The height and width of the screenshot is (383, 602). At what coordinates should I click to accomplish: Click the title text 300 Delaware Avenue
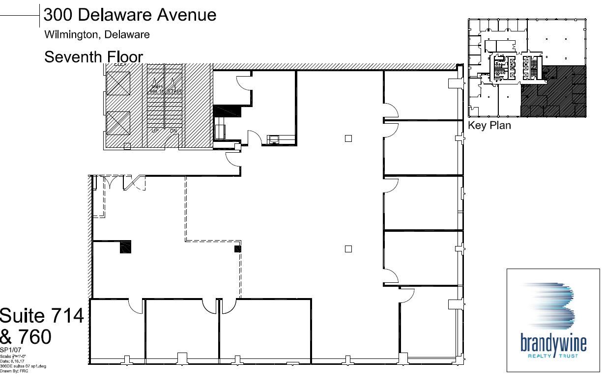click(130, 15)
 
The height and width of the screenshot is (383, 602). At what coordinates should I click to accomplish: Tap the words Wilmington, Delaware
click(97, 35)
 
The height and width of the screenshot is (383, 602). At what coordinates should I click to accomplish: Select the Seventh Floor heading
click(93, 57)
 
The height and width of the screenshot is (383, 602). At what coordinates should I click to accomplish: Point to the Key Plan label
click(489, 126)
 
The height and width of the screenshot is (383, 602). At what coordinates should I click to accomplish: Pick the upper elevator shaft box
click(118, 83)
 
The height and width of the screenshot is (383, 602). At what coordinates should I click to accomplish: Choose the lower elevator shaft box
click(118, 123)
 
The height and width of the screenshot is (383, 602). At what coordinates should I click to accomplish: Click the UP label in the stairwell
click(155, 131)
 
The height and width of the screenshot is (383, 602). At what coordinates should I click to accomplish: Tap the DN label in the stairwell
click(173, 131)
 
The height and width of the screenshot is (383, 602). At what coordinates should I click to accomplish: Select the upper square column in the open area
click(348, 138)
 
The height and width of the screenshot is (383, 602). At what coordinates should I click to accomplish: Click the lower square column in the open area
click(348, 249)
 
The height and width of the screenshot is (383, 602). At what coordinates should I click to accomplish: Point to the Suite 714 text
click(42, 316)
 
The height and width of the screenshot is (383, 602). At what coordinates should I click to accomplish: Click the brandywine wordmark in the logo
click(553, 342)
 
